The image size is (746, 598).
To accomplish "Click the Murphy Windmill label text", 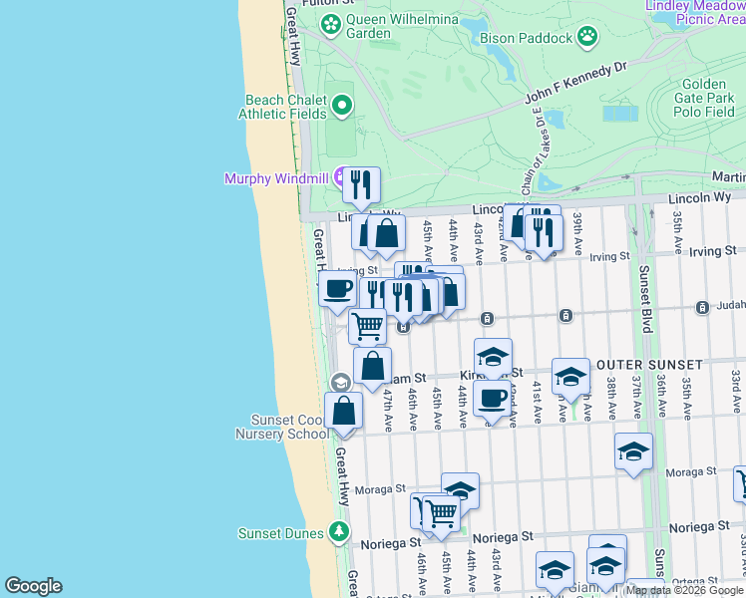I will pos(278,179).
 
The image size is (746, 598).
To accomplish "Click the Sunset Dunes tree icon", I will pos(339,532).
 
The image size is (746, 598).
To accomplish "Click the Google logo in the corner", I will pos(32,585).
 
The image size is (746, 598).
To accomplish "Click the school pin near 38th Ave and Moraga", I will pos(633,451).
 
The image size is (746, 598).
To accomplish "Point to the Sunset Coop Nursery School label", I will pos(282,427).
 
